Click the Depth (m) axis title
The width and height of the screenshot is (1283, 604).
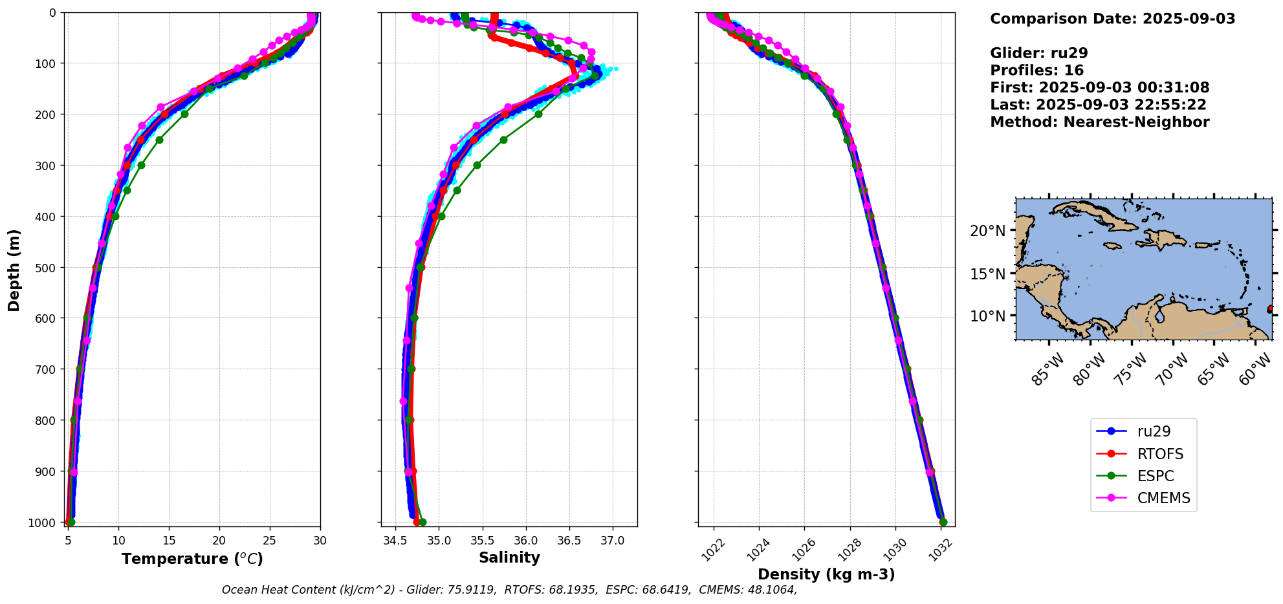pyautogui.click(x=14, y=270)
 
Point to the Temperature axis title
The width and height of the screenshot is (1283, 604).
pyautogui.click(x=192, y=559)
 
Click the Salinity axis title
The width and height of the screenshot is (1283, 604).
pyautogui.click(x=509, y=557)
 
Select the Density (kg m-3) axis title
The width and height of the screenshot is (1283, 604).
pyautogui.click(x=826, y=574)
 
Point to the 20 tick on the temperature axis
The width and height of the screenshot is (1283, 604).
pyautogui.click(x=219, y=540)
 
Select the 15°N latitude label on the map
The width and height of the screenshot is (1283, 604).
pyautogui.click(x=987, y=274)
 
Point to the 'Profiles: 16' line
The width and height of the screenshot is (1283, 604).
pyautogui.click(x=1036, y=70)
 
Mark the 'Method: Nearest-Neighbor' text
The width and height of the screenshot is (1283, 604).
pyautogui.click(x=1099, y=122)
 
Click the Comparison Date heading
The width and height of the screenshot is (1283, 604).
pyautogui.click(x=1112, y=19)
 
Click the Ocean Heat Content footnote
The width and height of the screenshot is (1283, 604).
pyautogui.click(x=509, y=590)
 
